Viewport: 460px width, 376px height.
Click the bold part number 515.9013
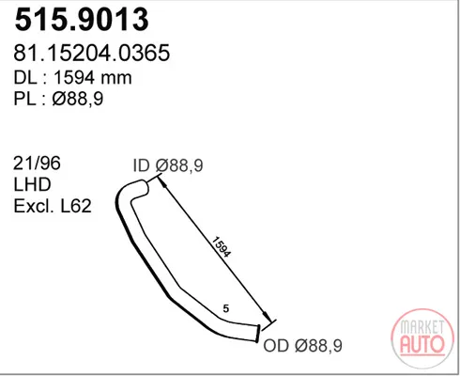coord(82,20)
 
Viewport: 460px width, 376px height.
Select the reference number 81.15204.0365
coord(92,53)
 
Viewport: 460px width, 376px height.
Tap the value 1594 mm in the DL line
coord(93,77)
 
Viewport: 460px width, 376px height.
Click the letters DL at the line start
coord(25,77)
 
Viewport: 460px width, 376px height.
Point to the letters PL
coord(24,99)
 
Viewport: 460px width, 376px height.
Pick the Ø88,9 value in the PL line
coord(78,99)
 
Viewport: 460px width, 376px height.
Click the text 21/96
coord(37,164)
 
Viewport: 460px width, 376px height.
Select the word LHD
coord(32,184)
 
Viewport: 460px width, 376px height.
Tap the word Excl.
coord(33,206)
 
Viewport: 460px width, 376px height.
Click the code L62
coord(76,206)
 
